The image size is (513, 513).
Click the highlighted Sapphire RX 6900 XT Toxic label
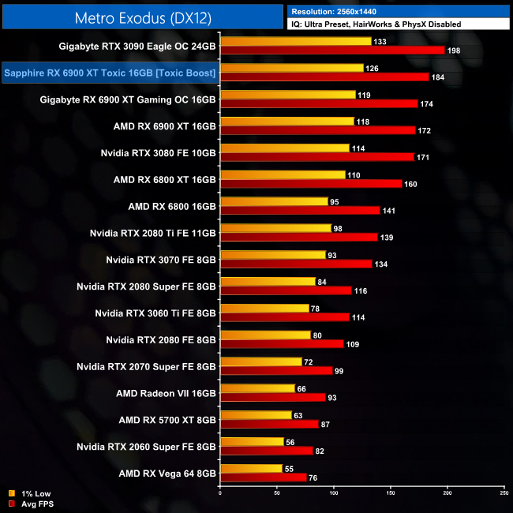[110, 73]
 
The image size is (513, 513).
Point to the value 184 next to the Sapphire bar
[439, 77]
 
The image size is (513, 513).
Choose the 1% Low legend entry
[32, 493]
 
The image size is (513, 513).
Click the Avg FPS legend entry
[34, 503]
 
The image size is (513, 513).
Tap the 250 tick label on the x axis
[504, 494]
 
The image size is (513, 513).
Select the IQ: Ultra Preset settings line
[376, 24]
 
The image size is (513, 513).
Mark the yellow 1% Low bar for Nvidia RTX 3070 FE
[273, 255]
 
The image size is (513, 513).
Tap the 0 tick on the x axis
[220, 494]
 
